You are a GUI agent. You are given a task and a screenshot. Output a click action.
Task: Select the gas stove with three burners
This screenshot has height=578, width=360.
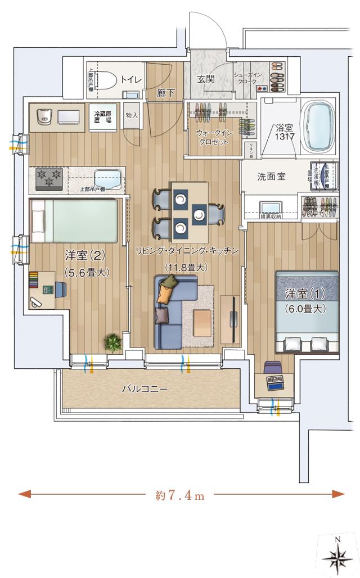[50, 178]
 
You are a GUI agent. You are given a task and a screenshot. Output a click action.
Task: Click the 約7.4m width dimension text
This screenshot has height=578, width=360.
[179, 495]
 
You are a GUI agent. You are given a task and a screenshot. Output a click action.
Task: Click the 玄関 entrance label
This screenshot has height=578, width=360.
[206, 79]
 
